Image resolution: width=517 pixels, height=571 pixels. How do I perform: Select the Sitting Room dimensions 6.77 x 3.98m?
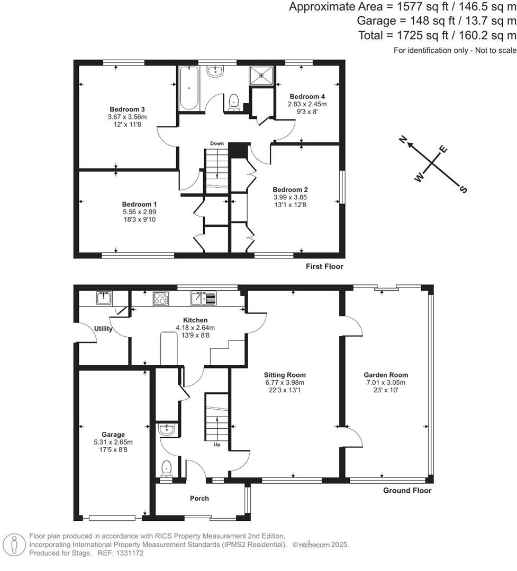coord(286,383)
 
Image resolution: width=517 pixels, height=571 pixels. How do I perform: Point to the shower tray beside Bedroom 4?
coord(262,75)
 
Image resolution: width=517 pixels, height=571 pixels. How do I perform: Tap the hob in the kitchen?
coord(160,299)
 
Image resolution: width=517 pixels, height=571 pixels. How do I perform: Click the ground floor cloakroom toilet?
coord(167,468)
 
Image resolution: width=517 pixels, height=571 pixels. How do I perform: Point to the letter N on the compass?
coord(403,140)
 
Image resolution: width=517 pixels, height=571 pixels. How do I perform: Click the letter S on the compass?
coord(463,190)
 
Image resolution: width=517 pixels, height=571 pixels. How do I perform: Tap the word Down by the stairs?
coord(217,144)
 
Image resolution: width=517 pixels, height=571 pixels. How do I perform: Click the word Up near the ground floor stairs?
coord(216,445)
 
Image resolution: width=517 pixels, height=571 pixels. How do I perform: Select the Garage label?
coord(112,435)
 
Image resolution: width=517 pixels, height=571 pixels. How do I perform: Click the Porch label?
coord(199,498)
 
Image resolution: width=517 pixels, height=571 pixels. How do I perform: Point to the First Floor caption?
coord(324,266)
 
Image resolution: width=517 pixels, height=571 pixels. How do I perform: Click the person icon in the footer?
coord(14,544)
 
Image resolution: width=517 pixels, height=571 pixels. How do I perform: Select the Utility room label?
coord(103,329)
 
